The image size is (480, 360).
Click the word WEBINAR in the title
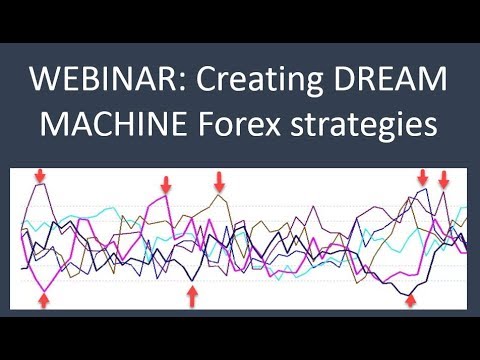pos(104,79)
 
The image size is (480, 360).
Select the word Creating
pos(259,81)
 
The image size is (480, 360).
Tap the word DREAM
pos(390,79)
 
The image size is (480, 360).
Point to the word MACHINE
pos(113,123)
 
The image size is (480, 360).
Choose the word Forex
pos(239,123)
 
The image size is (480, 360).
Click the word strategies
pos(364,125)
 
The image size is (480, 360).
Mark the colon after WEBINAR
pos(185,83)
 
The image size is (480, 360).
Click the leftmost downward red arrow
pos(40,175)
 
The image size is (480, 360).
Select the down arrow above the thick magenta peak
pos(166,184)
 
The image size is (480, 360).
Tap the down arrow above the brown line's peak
pos(219,182)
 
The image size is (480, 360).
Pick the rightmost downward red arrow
pos(443,179)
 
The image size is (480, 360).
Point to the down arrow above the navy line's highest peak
pos(423,177)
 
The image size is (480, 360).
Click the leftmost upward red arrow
pos(44,301)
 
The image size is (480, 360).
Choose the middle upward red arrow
pos(192,297)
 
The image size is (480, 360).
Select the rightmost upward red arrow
pos(411,301)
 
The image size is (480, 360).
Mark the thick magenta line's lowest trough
pos(44,292)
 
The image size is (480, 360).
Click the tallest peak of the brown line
pos(219,195)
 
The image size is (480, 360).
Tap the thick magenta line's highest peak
pos(166,195)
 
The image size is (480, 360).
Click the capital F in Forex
pos(206,123)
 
